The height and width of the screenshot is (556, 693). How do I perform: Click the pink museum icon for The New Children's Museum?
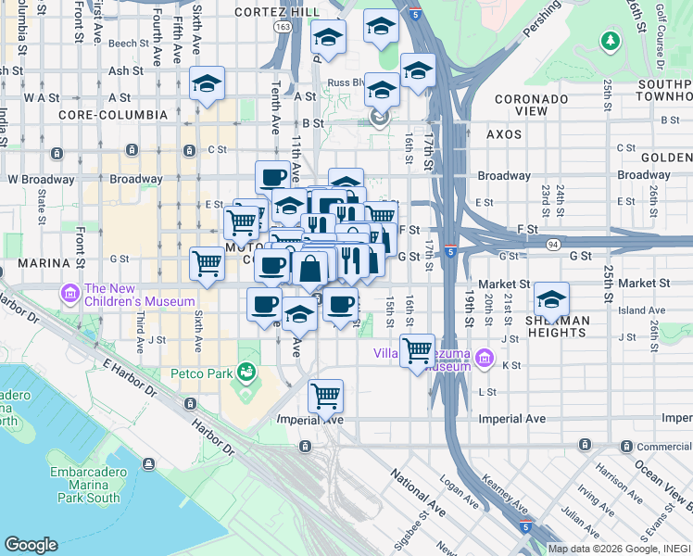(x=70, y=294)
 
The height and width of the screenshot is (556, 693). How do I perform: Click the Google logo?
(x=31, y=544)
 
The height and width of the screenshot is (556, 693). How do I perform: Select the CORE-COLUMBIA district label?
(x=112, y=115)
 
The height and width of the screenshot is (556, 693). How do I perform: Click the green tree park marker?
(x=610, y=41)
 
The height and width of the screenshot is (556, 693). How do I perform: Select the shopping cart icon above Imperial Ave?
(x=325, y=396)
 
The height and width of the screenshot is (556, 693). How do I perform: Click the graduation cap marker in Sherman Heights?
(x=551, y=299)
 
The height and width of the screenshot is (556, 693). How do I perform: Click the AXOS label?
(x=504, y=134)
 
